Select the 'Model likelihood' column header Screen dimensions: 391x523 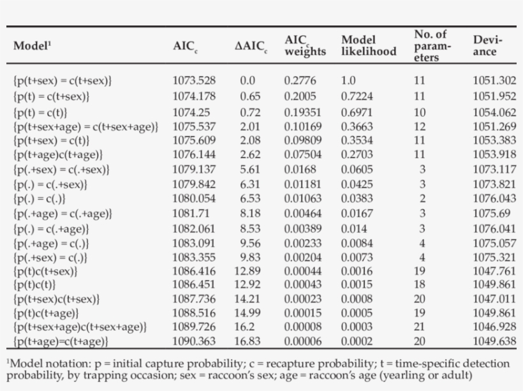369,46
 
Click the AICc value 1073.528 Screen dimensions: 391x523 194,81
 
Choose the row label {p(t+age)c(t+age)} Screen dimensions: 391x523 58,155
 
